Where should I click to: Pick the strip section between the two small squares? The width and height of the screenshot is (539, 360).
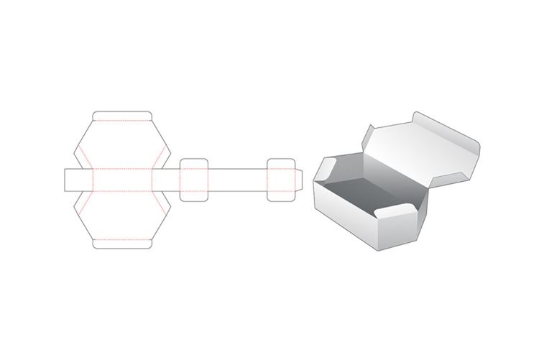coord(238,179)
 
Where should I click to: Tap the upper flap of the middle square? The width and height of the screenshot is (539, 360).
coord(194,163)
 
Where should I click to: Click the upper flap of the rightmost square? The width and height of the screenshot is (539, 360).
coord(281,163)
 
